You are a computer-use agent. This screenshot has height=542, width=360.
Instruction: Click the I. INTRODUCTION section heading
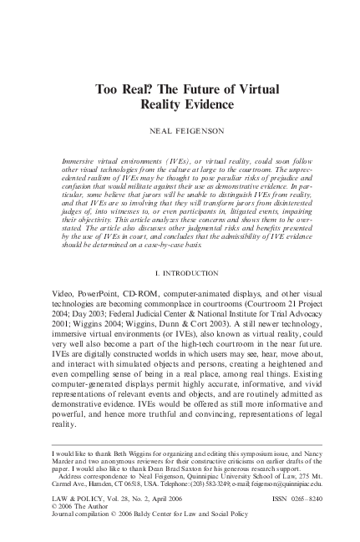[180, 272]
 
